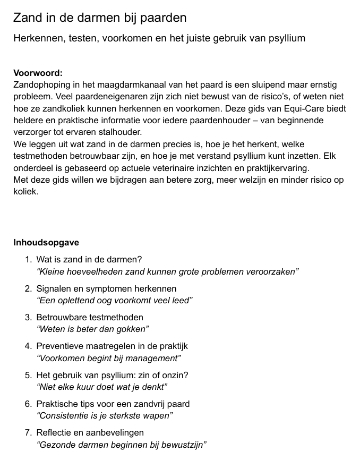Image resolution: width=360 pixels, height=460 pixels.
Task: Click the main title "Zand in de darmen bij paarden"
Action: (x=100, y=18)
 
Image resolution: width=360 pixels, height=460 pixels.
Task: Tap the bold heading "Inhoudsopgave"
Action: (x=46, y=242)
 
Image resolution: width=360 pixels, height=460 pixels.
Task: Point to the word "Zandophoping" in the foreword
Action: (x=41, y=85)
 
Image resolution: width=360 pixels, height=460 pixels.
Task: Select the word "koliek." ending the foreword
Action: (x=26, y=191)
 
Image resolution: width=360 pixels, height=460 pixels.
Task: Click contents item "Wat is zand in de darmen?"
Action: (x=89, y=260)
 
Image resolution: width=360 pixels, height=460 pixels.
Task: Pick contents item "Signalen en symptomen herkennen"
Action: (x=106, y=288)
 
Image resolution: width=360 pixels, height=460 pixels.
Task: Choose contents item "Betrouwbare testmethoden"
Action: (x=90, y=317)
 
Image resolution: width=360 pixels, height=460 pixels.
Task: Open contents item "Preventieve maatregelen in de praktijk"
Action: (x=112, y=346)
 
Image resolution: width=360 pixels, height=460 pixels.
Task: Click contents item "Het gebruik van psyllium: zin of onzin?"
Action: (x=112, y=374)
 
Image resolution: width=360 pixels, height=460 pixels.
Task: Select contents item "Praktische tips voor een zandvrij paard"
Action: (x=113, y=404)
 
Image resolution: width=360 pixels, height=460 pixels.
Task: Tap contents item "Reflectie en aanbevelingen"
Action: (x=90, y=432)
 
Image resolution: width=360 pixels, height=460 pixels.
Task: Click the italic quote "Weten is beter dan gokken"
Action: (x=92, y=329)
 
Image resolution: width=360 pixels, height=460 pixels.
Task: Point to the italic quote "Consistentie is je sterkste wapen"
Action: (x=105, y=415)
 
